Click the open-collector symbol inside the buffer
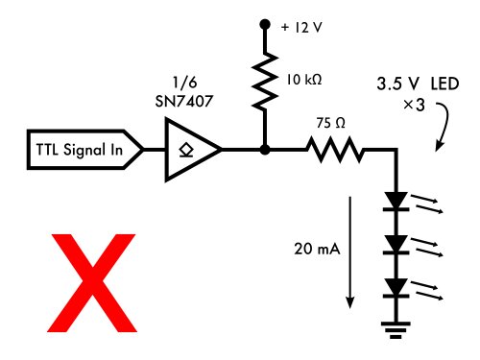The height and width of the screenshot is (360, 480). [x=185, y=150]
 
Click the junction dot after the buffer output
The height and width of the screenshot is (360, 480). [x=264, y=150]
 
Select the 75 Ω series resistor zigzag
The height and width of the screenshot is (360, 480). [x=333, y=150]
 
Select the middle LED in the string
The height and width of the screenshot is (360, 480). [x=395, y=245]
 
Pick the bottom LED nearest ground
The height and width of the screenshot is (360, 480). [x=395, y=287]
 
